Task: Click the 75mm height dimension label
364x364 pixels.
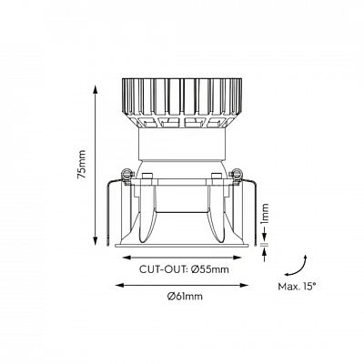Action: (x=82, y=164)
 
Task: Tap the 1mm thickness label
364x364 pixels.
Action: (x=265, y=213)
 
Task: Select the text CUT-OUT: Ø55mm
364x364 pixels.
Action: (x=184, y=269)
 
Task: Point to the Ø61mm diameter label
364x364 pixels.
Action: (x=185, y=296)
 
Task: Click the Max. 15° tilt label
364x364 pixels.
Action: (x=297, y=287)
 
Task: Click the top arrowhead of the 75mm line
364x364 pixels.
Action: (x=96, y=89)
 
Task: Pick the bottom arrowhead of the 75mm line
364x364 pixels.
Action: (x=96, y=240)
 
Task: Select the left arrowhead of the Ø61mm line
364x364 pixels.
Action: (x=120, y=285)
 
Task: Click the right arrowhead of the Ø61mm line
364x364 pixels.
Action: (x=244, y=285)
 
